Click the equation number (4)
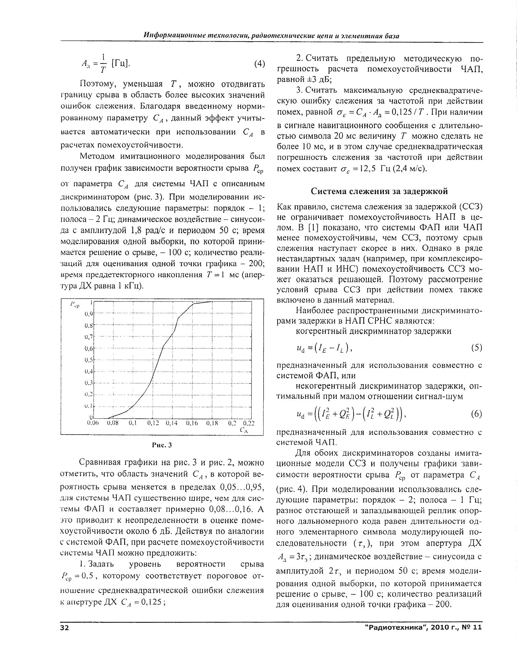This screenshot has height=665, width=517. [x=259, y=64]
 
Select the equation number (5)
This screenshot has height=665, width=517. [x=476, y=348]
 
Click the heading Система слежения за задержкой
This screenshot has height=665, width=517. [x=379, y=191]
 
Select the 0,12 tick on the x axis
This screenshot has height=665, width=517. [x=153, y=423]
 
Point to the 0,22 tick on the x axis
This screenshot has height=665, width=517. [x=249, y=423]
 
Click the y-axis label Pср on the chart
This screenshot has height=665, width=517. [x=75, y=304]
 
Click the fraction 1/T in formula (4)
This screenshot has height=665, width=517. [x=103, y=63]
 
